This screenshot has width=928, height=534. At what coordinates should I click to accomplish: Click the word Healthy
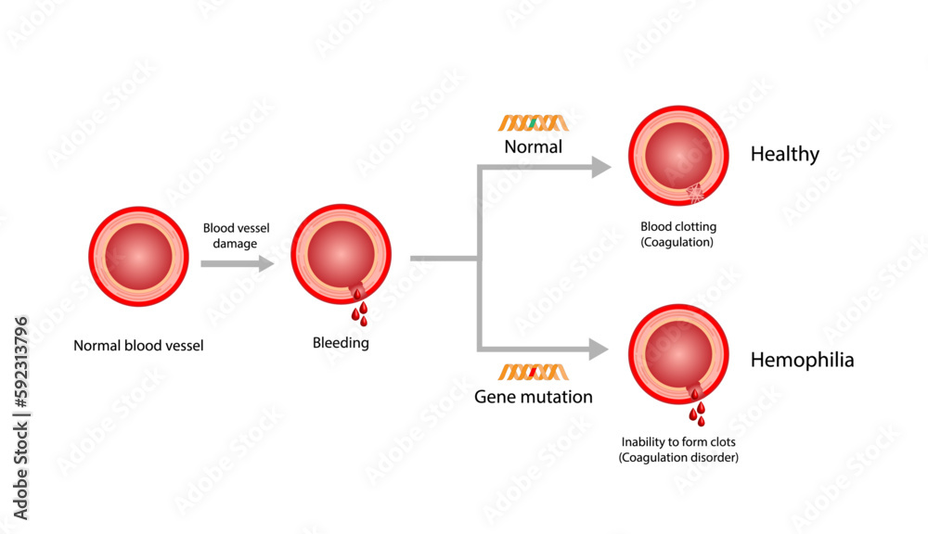(784, 155)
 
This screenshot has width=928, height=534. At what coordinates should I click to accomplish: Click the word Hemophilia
(802, 361)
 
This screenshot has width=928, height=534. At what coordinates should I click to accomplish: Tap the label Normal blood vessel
(138, 347)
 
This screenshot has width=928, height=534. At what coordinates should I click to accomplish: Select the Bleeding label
(341, 343)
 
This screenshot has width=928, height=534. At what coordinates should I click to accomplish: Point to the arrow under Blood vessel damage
(237, 263)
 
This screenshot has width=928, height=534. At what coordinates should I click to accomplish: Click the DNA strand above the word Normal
(533, 123)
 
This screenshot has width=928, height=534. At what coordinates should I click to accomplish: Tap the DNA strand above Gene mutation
(533, 373)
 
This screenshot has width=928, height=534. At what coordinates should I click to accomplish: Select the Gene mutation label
(533, 397)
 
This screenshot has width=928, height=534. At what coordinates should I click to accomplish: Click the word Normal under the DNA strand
(533, 146)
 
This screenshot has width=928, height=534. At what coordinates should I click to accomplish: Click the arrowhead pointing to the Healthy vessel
(600, 167)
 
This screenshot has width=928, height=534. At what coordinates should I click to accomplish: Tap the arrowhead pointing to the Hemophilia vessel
(599, 349)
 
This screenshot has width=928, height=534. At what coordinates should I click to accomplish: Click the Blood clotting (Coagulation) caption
(678, 234)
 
